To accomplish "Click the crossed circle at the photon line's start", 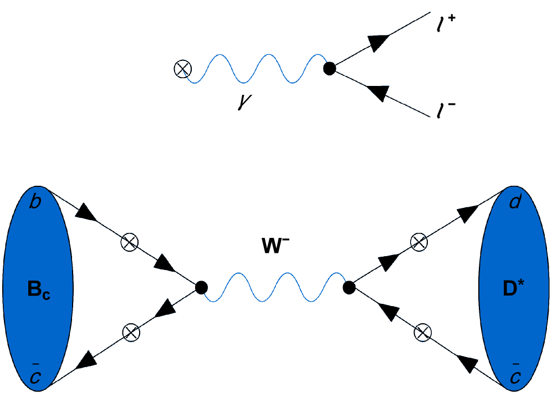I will (181, 69).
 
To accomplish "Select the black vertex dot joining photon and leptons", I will (330, 69).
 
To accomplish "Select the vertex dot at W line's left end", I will (202, 287).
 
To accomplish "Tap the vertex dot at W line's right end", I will (349, 287).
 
